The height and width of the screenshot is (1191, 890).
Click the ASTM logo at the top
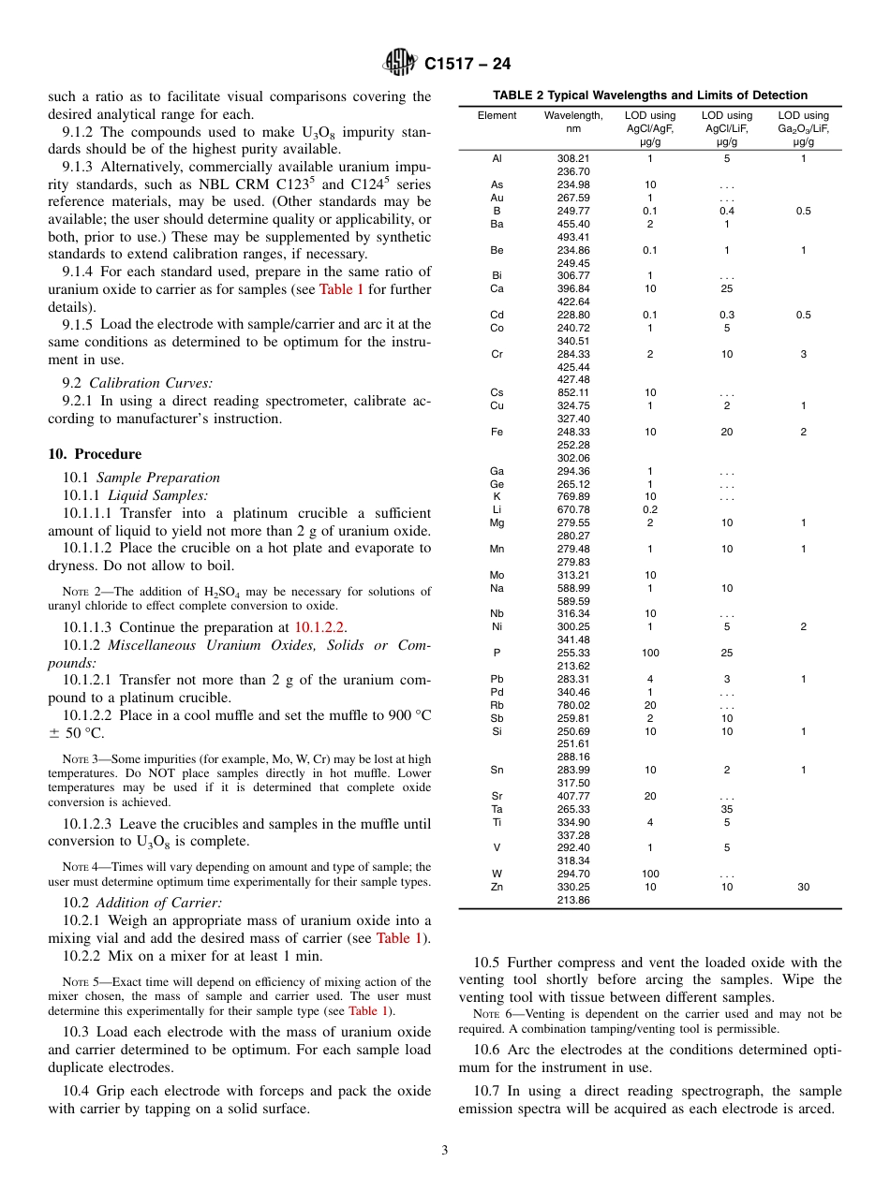pyautogui.click(x=400, y=63)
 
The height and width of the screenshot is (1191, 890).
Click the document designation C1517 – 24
pyautogui.click(x=467, y=64)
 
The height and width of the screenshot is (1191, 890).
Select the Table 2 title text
pyautogui.click(x=649, y=95)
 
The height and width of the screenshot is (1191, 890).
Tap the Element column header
pyautogui.click(x=497, y=116)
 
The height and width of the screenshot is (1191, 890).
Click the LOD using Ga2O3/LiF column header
pyautogui.click(x=803, y=128)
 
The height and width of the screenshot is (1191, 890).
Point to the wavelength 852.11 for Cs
pyautogui.click(x=572, y=393)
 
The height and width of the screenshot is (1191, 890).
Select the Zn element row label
pyautogui.click(x=497, y=887)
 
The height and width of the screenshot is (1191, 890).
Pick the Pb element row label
pyautogui.click(x=497, y=679)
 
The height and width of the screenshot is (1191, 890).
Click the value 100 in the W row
pyautogui.click(x=650, y=874)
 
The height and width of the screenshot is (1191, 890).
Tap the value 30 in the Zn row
pyautogui.click(x=803, y=887)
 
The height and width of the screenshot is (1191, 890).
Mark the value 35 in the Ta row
pyautogui.click(x=727, y=809)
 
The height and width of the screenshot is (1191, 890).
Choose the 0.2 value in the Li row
pyautogui.click(x=650, y=510)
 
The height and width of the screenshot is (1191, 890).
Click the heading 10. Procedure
pyautogui.click(x=95, y=454)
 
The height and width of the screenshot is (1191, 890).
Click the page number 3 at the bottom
pyautogui.click(x=445, y=1150)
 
